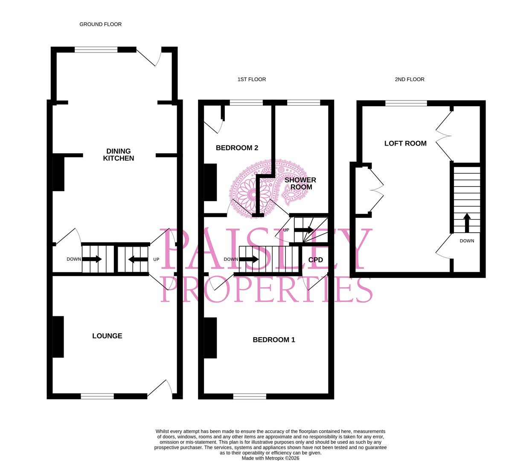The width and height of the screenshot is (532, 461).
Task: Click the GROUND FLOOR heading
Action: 100,24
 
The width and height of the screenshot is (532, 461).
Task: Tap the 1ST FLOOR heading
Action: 251,79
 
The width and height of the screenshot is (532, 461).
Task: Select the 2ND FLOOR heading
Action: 409,79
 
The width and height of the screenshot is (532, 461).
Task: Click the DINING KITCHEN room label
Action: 119,155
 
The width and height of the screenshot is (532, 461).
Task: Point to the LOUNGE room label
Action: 107,336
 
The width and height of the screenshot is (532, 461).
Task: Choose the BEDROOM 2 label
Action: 237,148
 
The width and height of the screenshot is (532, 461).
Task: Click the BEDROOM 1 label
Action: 274,340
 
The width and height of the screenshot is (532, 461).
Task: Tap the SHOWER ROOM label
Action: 300,184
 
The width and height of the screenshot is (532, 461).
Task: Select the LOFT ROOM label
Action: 405,143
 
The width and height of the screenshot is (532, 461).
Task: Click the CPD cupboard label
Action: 316,260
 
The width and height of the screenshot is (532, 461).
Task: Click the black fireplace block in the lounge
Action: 58,337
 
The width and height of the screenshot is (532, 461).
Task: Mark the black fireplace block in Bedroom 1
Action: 210,338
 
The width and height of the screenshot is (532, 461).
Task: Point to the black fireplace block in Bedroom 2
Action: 210,182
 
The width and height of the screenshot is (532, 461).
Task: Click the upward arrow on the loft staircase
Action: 467,222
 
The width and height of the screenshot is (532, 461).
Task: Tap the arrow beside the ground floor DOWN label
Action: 92,259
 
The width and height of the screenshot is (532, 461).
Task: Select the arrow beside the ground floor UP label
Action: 138,259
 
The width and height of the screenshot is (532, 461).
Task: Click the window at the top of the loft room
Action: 406,103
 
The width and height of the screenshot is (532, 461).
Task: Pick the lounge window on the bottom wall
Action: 97,396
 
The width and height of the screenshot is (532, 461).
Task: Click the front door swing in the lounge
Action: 161,389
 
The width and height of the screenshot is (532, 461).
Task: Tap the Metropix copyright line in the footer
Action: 270,458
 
